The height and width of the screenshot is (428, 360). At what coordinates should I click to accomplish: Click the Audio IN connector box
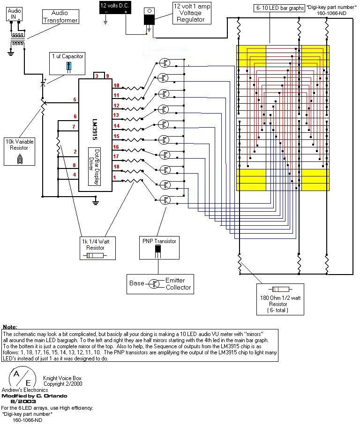coord(15,14)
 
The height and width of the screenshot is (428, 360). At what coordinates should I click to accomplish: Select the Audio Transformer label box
coord(60,17)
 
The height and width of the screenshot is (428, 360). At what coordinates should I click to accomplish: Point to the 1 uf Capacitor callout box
coord(68,62)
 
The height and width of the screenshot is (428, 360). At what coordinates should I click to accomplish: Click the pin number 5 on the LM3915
coord(75,99)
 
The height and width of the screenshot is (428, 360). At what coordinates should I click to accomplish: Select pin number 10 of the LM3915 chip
coord(116,86)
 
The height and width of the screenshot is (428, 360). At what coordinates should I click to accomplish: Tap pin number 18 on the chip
coord(116,167)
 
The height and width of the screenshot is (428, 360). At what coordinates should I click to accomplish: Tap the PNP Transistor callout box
coord(159,248)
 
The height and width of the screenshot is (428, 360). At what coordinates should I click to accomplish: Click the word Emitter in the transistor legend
coord(175,280)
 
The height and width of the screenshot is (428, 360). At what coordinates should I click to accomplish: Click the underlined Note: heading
coord(10,326)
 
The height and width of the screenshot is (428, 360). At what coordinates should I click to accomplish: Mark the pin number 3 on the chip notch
coord(97,76)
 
